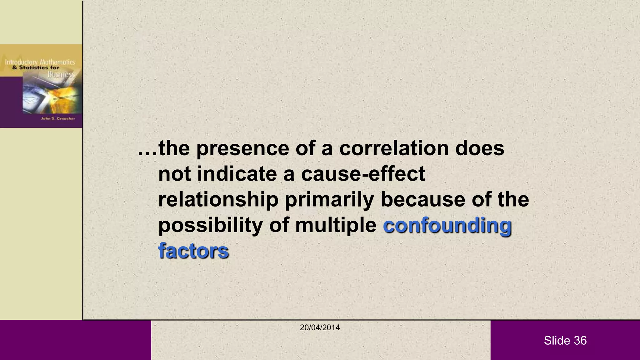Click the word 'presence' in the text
[x=242, y=149]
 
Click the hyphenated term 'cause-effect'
[x=363, y=174]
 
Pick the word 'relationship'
[x=218, y=200]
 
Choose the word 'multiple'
[x=336, y=225]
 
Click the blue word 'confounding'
[x=447, y=226]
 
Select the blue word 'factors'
[x=193, y=251]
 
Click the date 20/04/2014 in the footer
[x=320, y=327]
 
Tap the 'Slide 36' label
[x=565, y=341]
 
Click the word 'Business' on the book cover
[x=61, y=74]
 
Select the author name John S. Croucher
[x=58, y=118]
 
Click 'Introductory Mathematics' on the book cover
[x=40, y=62]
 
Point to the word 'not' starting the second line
[x=174, y=174]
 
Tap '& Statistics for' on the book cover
[x=36, y=67]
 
